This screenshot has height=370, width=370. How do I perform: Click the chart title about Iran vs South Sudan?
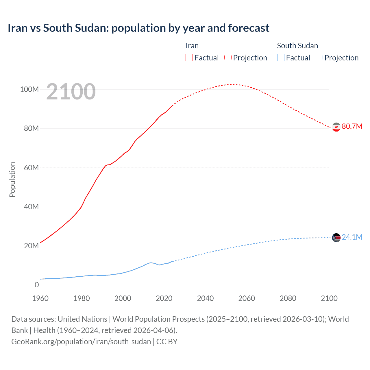tap(138, 28)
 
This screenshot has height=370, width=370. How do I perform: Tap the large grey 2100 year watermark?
tap(71, 92)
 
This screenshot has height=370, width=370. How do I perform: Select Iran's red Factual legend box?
tap(189, 58)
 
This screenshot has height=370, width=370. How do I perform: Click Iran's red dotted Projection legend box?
tap(228, 58)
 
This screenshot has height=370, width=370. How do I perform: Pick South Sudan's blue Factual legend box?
tap(281, 58)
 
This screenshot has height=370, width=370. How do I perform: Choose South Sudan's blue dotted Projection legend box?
tap(319, 58)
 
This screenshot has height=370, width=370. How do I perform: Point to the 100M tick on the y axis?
tap(29, 89)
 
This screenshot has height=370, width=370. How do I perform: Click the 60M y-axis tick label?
tap(31, 168)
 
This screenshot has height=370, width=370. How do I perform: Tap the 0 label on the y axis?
tap(37, 285)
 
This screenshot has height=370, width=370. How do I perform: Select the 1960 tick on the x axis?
tap(40, 298)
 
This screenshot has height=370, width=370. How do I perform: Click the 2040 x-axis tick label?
tap(205, 298)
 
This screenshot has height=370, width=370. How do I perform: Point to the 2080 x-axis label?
tap(288, 298)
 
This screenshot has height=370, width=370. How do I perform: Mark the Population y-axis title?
tap(12, 180)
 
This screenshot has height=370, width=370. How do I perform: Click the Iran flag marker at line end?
tap(336, 127)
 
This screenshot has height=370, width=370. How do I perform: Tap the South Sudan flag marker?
tap(336, 238)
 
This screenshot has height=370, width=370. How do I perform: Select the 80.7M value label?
tap(352, 126)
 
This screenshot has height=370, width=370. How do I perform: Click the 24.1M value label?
tap(352, 237)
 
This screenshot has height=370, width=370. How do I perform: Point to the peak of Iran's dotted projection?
tap(232, 84)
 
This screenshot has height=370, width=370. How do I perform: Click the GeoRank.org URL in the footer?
tap(81, 342)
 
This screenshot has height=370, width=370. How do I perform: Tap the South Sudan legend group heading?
tap(297, 46)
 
